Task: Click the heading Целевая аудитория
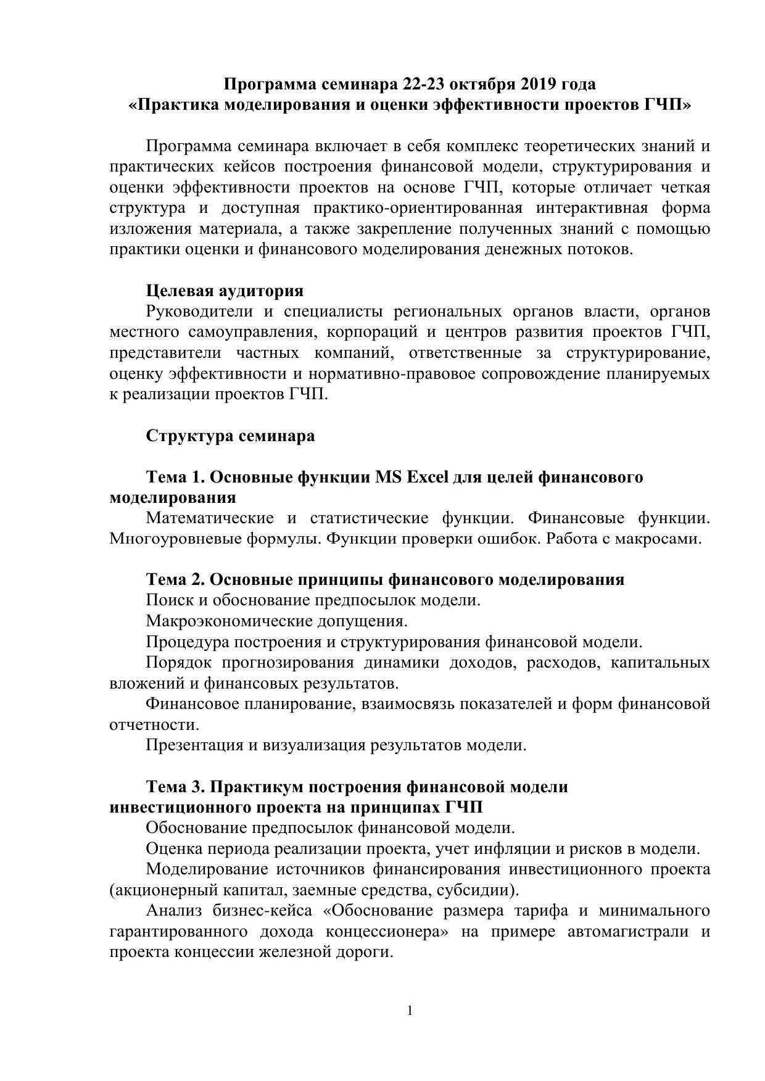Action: pos(225,291)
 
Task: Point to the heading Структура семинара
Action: pos(230,436)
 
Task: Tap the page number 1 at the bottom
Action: pos(410,1011)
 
